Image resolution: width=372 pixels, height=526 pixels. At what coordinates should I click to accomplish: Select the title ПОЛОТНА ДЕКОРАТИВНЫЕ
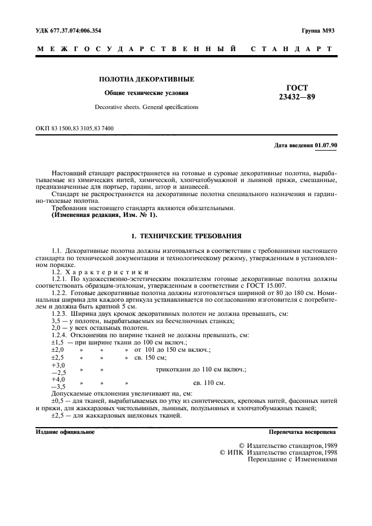(x=146, y=80)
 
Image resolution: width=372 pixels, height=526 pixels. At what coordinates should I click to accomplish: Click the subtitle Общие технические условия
(x=146, y=93)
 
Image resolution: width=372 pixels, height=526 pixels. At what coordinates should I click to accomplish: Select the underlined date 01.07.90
(x=326, y=146)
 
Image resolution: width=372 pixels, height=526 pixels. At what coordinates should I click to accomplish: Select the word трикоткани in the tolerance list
(x=174, y=369)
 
